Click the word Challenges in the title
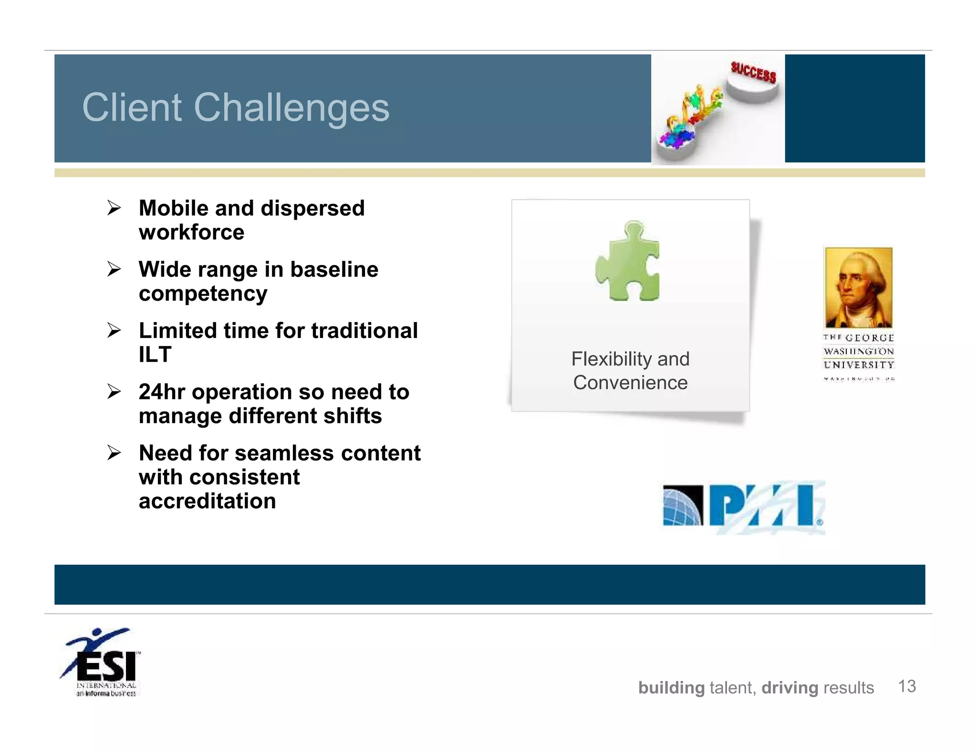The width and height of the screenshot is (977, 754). (291, 108)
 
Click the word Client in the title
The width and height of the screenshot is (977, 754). (132, 108)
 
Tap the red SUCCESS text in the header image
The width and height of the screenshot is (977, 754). (753, 72)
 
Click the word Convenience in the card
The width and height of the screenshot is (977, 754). (630, 383)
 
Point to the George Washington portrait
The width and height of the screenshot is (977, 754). (858, 287)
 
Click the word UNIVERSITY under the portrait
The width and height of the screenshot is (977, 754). (858, 365)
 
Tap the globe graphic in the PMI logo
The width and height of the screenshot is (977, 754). (683, 505)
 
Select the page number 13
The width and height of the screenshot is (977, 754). (906, 686)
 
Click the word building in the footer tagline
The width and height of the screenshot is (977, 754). (671, 688)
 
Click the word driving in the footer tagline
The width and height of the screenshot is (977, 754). (790, 688)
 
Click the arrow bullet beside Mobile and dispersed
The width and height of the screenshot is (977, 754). (114, 208)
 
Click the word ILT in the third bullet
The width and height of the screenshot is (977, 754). (155, 355)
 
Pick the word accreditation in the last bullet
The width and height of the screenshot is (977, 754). (207, 501)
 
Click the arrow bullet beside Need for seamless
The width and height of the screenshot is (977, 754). (114, 453)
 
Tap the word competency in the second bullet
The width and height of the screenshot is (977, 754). (203, 294)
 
